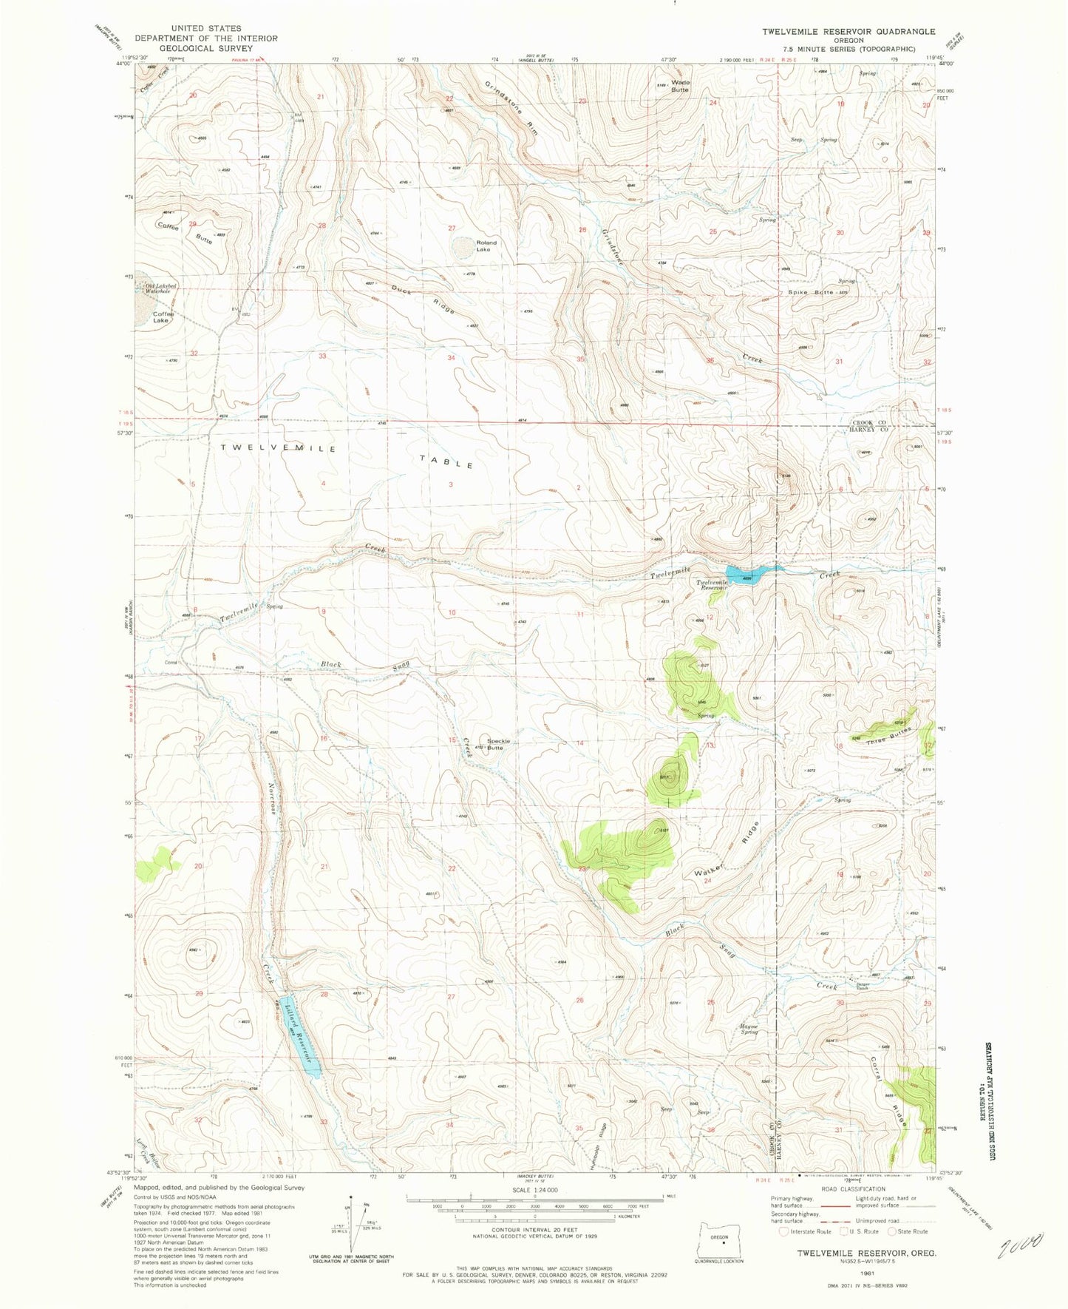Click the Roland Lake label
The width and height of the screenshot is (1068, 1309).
[x=486, y=246]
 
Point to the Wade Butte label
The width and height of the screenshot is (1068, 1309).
[x=679, y=86]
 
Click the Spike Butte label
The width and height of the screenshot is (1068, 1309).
[x=811, y=293]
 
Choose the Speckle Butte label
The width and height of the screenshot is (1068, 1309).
[x=495, y=744]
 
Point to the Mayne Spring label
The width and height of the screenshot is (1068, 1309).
[x=749, y=1029]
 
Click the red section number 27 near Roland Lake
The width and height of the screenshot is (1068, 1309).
[x=452, y=229]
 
